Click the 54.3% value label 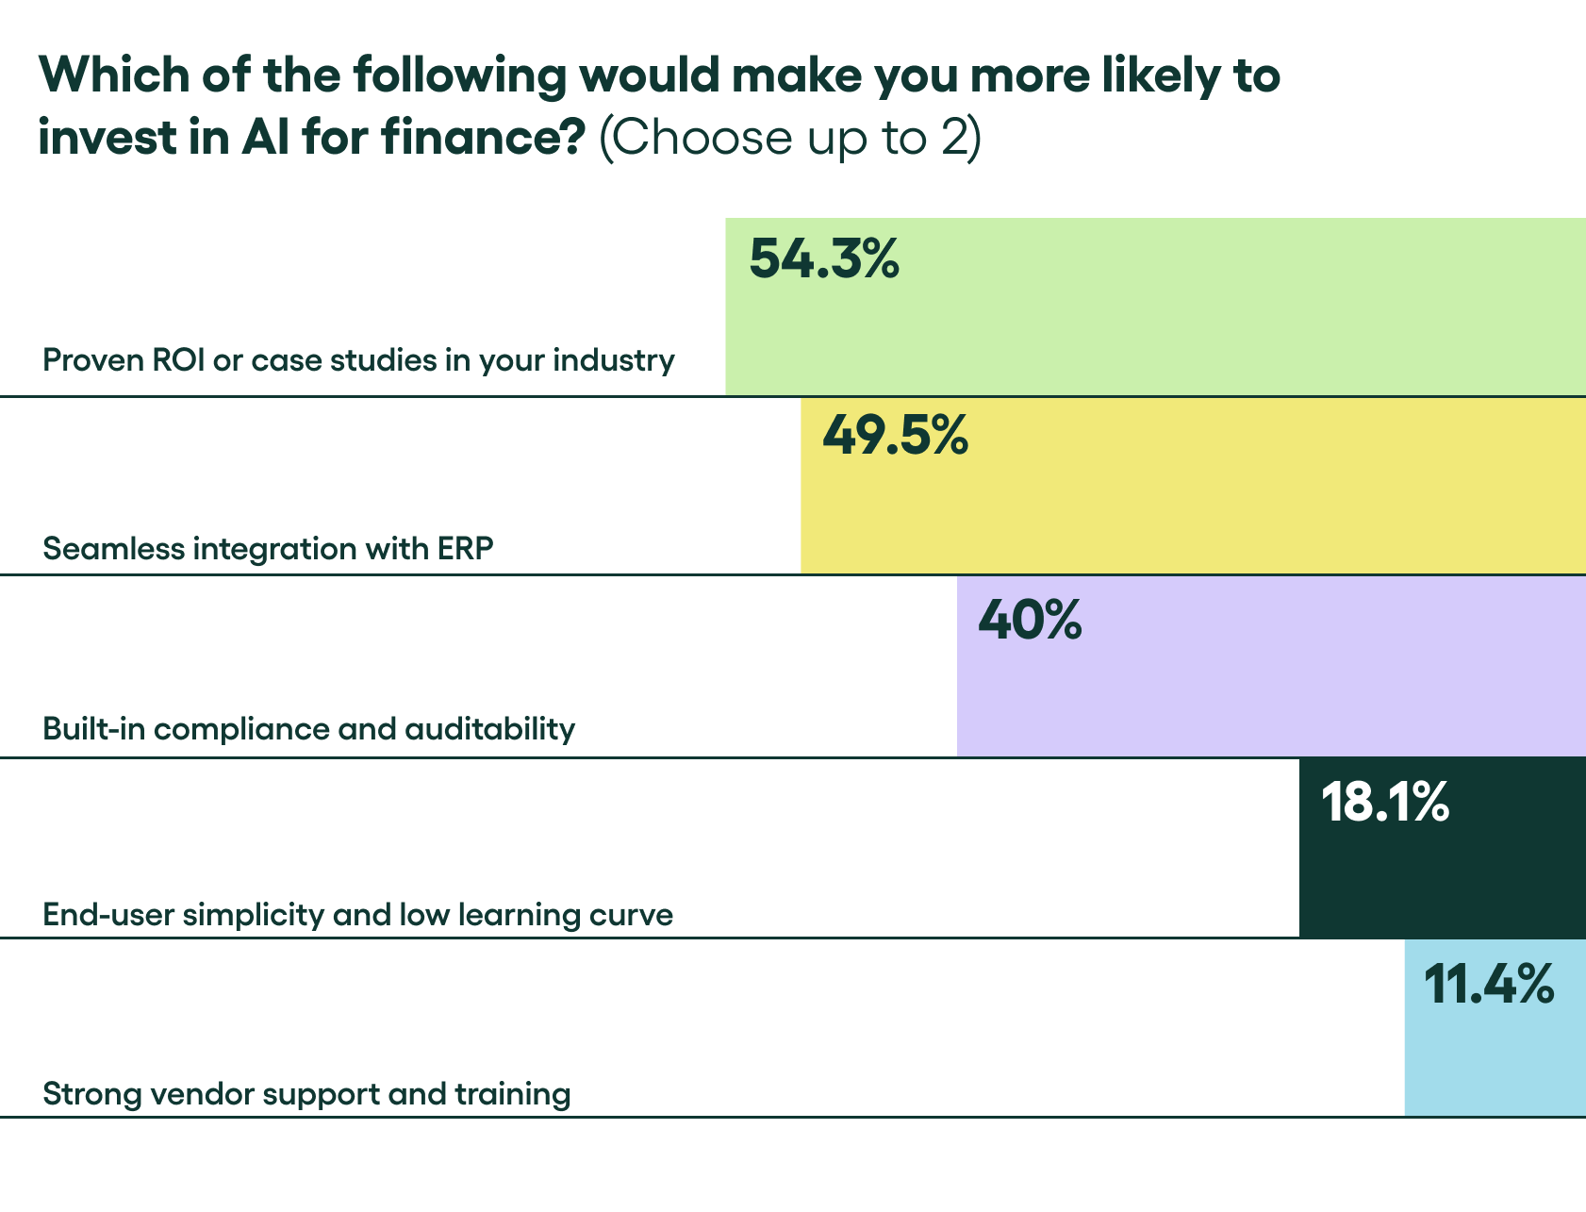824,258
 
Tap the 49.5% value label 895,436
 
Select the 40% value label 1030,621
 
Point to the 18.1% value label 1384,803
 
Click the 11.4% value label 1488,985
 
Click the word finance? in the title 484,138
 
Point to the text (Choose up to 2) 790,138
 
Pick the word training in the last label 512,1094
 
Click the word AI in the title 265,138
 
